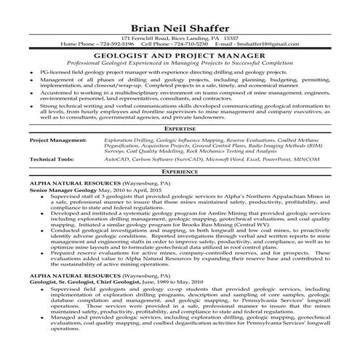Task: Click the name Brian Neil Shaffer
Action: click(180, 21)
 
